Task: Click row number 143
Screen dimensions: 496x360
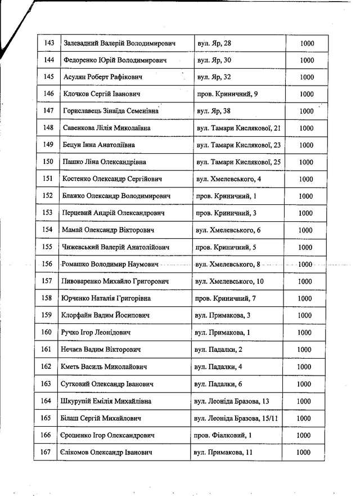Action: pos(48,43)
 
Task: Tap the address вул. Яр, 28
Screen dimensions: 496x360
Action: pos(214,43)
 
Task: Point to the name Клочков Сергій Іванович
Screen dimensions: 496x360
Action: pos(101,94)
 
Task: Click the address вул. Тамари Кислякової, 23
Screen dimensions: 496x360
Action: pos(238,145)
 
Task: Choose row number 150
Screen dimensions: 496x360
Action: pos(48,162)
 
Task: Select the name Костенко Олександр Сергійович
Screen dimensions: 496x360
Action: pos(112,179)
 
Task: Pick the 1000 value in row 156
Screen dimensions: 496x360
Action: pos(306,264)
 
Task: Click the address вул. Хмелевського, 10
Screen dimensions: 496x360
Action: pos(229,281)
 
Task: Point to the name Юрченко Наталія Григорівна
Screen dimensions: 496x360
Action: pos(107,298)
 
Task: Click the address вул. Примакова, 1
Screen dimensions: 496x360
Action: pos(222,332)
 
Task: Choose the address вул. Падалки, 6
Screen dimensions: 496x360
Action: pos(218,384)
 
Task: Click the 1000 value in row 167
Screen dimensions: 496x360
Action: pos(303,452)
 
